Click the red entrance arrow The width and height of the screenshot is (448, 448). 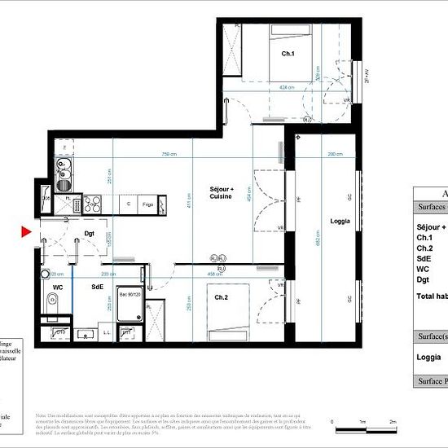[26, 233]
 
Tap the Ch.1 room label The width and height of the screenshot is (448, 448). [288, 54]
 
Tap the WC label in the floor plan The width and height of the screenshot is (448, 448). [58, 288]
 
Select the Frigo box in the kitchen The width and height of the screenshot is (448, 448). [147, 204]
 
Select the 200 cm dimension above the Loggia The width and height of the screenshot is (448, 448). [335, 154]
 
